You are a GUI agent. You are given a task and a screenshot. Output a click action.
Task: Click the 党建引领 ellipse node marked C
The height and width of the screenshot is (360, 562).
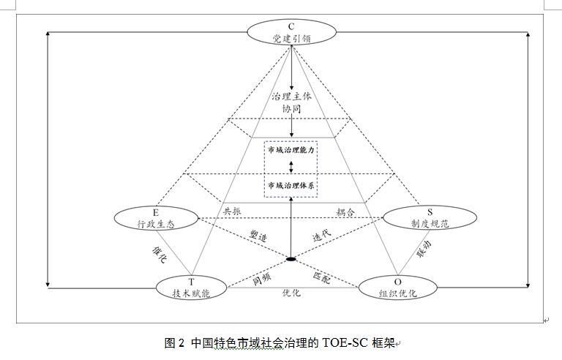(x=291, y=33)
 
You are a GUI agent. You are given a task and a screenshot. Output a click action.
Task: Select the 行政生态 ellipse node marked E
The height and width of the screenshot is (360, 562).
(x=156, y=218)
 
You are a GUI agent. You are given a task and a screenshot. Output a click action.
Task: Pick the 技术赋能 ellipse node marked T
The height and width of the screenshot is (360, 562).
(x=192, y=286)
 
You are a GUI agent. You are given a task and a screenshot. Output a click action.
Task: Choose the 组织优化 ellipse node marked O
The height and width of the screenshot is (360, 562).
(x=397, y=286)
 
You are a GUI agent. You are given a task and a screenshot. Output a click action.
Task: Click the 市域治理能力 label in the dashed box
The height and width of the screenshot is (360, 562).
(x=291, y=150)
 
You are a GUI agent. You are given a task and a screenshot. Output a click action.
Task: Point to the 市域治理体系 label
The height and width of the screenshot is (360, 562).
(x=291, y=185)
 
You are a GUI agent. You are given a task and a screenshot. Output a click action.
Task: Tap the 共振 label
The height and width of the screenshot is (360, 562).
(x=232, y=211)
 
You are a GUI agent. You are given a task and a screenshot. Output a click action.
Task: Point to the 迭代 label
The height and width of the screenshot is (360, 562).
(x=323, y=238)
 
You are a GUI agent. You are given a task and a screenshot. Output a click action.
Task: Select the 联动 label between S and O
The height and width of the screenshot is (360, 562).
(x=424, y=253)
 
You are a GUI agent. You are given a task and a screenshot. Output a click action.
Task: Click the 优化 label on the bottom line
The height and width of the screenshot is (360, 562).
(x=291, y=293)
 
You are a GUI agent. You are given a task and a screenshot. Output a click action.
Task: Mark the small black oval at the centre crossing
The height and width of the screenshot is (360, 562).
(x=291, y=259)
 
